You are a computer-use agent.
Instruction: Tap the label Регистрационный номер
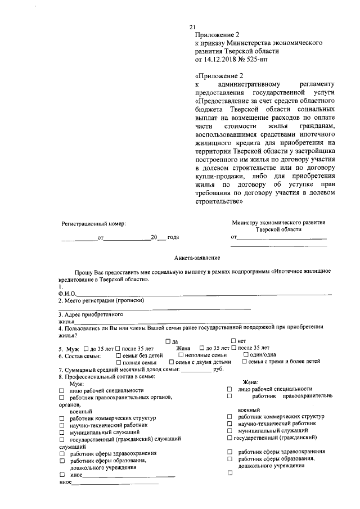93,223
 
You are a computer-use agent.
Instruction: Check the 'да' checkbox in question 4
168,341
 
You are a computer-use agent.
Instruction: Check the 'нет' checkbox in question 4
233,341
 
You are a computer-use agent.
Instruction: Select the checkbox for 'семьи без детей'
118,355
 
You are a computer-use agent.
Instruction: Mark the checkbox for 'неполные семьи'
180,355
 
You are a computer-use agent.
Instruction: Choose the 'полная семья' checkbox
118,363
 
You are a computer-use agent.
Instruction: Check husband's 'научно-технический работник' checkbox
61,426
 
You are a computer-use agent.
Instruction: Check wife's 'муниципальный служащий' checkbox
229,430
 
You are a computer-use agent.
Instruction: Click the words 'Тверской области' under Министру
278,230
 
